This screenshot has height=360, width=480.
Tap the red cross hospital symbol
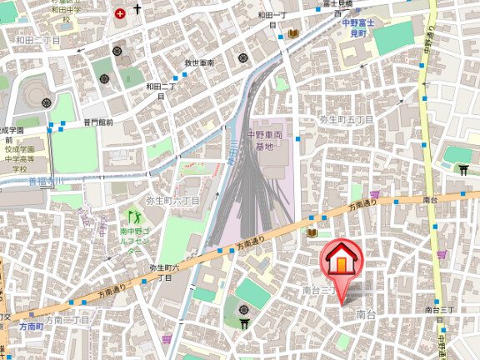122,12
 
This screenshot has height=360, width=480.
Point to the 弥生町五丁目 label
346,120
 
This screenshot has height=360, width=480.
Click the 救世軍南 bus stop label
199,62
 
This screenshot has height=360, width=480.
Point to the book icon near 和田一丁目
293,34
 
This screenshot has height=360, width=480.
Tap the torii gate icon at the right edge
464,170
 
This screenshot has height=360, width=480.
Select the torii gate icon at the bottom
245,323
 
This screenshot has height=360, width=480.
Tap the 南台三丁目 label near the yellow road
438,309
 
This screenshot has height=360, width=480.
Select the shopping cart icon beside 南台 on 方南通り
375,195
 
